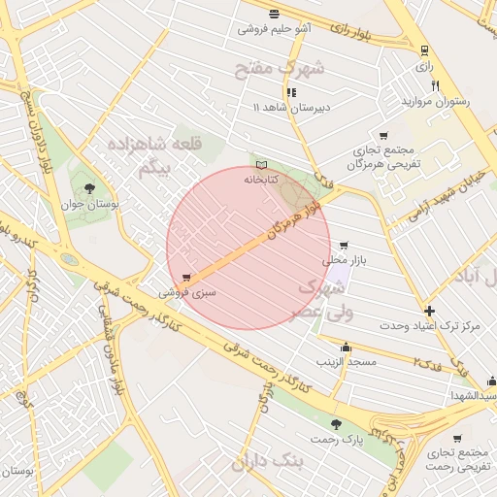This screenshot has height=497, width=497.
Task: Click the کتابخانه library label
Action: (260, 180)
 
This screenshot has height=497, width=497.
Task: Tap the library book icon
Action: (260, 165)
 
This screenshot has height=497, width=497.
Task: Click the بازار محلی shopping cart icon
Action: (343, 246)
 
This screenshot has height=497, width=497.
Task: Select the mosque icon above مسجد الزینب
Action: (346, 347)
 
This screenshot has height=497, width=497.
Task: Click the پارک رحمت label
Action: (335, 440)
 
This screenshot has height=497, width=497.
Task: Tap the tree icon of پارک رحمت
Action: (336, 424)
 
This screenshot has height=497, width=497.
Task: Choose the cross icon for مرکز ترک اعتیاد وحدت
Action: (429, 312)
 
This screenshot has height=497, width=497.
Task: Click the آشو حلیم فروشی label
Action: (275, 29)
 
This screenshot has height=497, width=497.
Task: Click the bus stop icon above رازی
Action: (423, 50)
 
